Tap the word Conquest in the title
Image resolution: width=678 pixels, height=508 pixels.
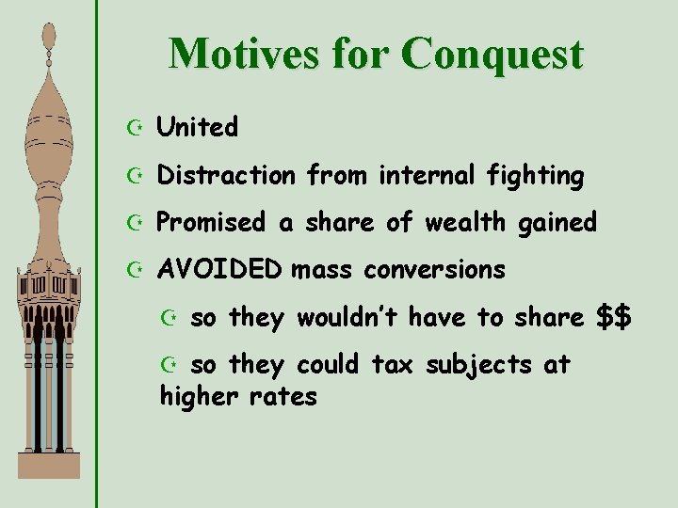(492, 54)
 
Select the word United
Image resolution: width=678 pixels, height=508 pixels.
(197, 127)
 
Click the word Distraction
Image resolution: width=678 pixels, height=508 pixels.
(225, 175)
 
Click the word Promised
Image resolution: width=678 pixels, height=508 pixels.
(211, 222)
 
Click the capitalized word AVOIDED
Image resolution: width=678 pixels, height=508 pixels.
(218, 270)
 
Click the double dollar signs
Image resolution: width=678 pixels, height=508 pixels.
(615, 317)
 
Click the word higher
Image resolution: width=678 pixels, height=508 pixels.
(199, 396)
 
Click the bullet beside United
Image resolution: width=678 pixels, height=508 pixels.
(137, 128)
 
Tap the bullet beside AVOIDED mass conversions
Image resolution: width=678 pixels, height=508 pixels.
(137, 271)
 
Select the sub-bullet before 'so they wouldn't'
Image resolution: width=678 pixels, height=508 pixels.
(171, 318)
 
